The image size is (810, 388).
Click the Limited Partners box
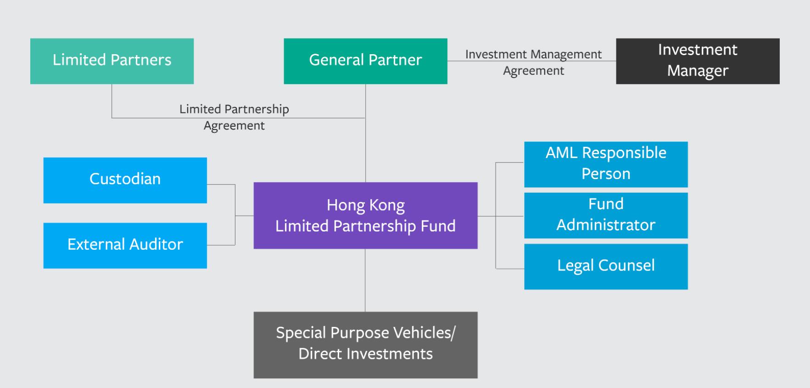pyautogui.click(x=112, y=61)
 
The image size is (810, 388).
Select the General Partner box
pyautogui.click(x=365, y=61)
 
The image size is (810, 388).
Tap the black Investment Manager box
pyautogui.click(x=698, y=61)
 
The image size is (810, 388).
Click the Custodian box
pyautogui.click(x=125, y=180)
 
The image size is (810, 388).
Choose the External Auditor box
pyautogui.click(x=125, y=245)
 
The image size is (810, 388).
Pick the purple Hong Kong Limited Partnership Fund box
pyautogui.click(x=365, y=215)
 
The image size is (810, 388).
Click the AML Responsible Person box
pyautogui.click(x=606, y=164)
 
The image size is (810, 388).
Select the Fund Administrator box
pyautogui.click(x=606, y=215)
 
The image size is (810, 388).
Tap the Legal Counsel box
pyautogui.click(x=606, y=266)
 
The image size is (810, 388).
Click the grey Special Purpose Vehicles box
pyautogui.click(x=365, y=345)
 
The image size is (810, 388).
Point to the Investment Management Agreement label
pyautogui.click(x=533, y=62)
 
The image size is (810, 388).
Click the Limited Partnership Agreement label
pyautogui.click(x=234, y=117)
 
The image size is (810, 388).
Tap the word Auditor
pyautogui.click(x=156, y=244)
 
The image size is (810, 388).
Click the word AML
pyautogui.click(x=561, y=153)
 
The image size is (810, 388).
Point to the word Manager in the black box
pyautogui.click(x=698, y=71)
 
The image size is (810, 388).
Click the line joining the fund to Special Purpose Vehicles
pyautogui.click(x=365, y=280)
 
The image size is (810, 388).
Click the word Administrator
pyautogui.click(x=606, y=225)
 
